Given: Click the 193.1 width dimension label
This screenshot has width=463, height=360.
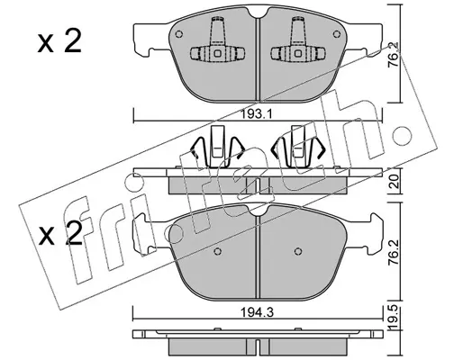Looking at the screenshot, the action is click(257, 113).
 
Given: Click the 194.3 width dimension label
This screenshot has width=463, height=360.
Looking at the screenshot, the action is click(257, 312).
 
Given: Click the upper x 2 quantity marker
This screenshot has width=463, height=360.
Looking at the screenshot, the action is click(59, 42).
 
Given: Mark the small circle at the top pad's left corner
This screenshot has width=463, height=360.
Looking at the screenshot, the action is click(179, 34).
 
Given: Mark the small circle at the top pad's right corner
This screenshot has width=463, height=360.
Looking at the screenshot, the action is click(337, 34).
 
